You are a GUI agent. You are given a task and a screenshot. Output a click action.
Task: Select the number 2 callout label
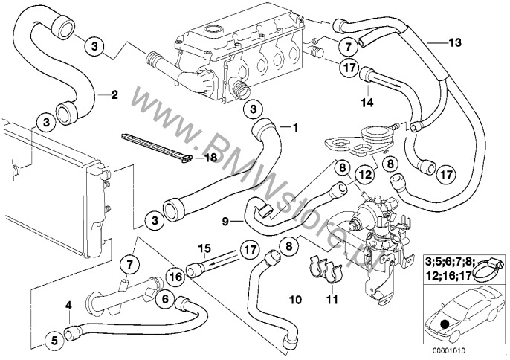pyautogui.click(x=114, y=94)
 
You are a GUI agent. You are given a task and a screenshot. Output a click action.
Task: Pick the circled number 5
pyautogui.click(x=54, y=341)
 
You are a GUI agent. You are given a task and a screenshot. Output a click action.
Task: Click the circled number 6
pyautogui.click(x=166, y=300)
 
